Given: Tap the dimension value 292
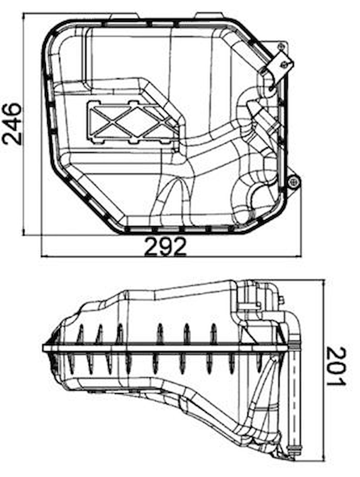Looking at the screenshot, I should (x=165, y=246).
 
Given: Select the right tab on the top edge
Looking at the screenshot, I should (x=209, y=16).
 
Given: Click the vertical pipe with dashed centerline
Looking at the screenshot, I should (x=294, y=397).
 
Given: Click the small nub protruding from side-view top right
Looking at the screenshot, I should (x=281, y=300).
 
